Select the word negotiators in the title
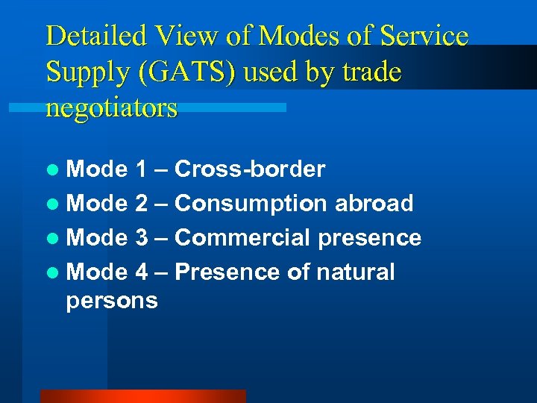[x=112, y=109]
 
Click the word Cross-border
[x=250, y=169]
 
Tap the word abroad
[x=374, y=203]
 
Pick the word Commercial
[x=243, y=238]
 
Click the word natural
[x=355, y=272]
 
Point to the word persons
[x=112, y=301]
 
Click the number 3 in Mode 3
[x=142, y=238]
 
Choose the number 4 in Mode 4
[x=142, y=272]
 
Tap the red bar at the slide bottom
[x=142, y=396]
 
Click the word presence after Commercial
[x=370, y=238]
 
